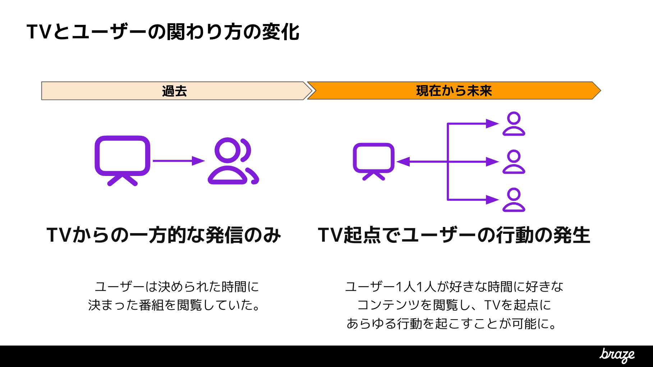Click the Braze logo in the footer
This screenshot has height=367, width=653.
pyautogui.click(x=617, y=355)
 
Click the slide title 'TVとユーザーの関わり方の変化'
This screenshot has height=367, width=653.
pyautogui.click(x=163, y=32)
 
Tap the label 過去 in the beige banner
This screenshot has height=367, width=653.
pyautogui.click(x=174, y=91)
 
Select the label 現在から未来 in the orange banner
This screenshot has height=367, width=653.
pyautogui.click(x=454, y=91)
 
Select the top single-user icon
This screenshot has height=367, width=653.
pyautogui.click(x=514, y=124)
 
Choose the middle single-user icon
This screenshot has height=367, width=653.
pyautogui.click(x=514, y=162)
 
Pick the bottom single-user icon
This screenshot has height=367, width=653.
pyautogui.click(x=514, y=200)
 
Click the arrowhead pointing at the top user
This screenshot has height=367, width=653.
pyautogui.click(x=492, y=124)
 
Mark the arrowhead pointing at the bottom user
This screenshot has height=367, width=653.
pyautogui.click(x=492, y=200)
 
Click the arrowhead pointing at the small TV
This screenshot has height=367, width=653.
pyautogui.click(x=403, y=162)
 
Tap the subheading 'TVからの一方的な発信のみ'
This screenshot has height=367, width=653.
pyautogui.click(x=164, y=235)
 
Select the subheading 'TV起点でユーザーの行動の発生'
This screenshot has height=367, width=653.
pyautogui.click(x=454, y=235)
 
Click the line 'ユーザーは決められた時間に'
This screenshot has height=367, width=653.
pyautogui.click(x=176, y=287)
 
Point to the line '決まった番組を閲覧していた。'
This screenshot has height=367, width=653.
pyautogui.click(x=174, y=305)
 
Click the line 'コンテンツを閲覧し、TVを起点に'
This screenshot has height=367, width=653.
pyautogui.click(x=454, y=305)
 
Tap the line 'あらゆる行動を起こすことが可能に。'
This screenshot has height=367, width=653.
pyautogui.click(x=452, y=324)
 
